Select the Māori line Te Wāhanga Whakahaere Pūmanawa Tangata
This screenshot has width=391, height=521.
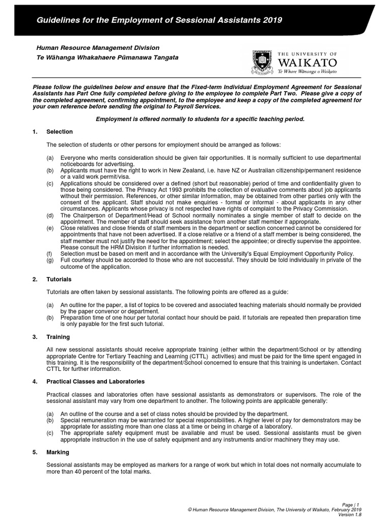click(x=107, y=57)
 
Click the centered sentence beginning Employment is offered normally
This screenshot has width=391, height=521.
click(x=200, y=119)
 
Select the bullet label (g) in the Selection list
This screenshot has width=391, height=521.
click(x=49, y=260)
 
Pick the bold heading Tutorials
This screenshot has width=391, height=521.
click(x=59, y=279)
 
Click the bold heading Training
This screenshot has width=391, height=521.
click(x=58, y=337)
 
